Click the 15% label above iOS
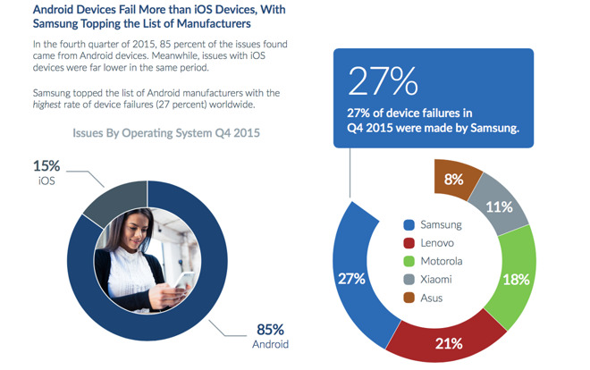(x=45, y=165)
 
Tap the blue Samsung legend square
(x=408, y=224)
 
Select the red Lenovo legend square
(x=408, y=242)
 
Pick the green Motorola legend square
(x=408, y=261)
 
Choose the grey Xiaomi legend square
(x=408, y=279)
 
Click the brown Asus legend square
(x=408, y=298)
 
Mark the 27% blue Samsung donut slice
(x=350, y=277)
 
